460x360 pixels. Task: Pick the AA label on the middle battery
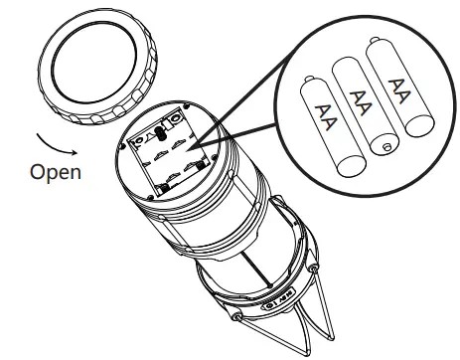click(x=360, y=100)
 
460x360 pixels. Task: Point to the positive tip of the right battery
click(x=379, y=43)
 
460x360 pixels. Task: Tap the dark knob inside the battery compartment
click(x=159, y=133)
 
